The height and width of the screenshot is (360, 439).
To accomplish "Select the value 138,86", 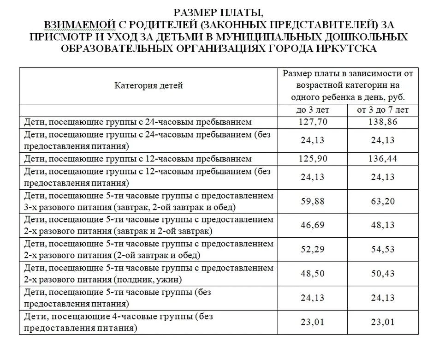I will (x=383, y=122).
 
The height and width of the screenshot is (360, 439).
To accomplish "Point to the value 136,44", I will (x=383, y=158).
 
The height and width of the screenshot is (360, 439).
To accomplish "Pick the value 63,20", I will (x=383, y=201).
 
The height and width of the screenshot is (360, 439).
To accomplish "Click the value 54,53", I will (x=383, y=250).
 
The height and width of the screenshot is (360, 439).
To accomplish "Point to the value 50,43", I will (x=383, y=274).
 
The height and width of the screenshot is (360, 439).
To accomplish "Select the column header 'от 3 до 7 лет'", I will (x=383, y=110).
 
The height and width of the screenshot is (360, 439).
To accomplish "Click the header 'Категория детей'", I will (x=148, y=85).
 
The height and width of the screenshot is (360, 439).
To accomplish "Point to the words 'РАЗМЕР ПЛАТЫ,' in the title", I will (x=219, y=12).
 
